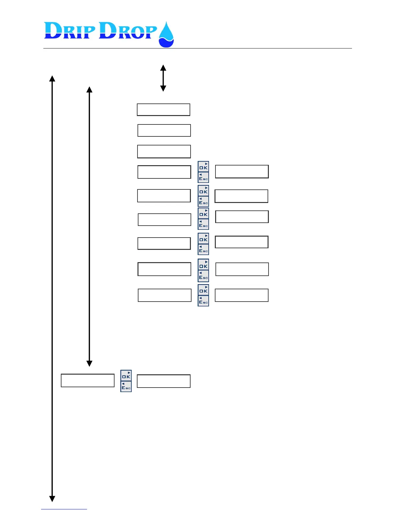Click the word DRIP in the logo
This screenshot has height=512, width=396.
(x=70, y=31)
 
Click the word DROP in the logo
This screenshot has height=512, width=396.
(x=127, y=31)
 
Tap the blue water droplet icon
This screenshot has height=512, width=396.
(x=166, y=35)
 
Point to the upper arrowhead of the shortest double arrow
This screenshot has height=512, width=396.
(x=163, y=68)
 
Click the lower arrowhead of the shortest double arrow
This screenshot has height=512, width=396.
(x=163, y=88)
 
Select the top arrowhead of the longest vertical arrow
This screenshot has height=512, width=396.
(x=52, y=79)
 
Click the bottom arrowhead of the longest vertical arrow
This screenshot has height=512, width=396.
(x=52, y=498)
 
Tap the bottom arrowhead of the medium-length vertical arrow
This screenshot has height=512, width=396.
(x=90, y=363)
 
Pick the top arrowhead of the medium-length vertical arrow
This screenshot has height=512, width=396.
(x=90, y=90)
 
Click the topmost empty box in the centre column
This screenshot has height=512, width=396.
(x=163, y=110)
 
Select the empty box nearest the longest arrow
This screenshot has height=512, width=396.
(x=88, y=380)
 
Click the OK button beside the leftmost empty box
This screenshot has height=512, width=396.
(x=126, y=376)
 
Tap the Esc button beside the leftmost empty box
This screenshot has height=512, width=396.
(x=126, y=387)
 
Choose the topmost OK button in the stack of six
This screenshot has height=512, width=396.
(x=203, y=166)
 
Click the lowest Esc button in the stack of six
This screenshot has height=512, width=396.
(x=203, y=301)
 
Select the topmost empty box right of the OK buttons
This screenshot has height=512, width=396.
(x=242, y=172)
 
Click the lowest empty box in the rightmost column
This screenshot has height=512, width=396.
(x=242, y=295)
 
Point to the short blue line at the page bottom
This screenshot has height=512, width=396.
(x=64, y=509)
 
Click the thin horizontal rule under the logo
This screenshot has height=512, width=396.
(x=197, y=48)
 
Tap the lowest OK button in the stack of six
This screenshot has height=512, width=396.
(x=203, y=290)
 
